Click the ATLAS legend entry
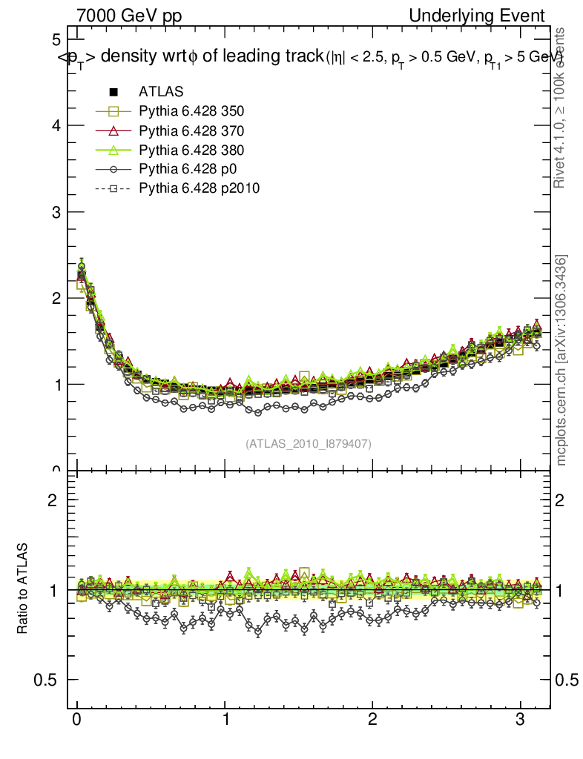click(x=161, y=93)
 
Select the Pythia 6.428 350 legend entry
click(x=191, y=112)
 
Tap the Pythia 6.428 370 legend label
click(x=191, y=131)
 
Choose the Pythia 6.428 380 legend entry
click(x=191, y=150)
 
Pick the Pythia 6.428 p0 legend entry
click(x=186, y=170)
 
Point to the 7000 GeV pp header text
click(x=130, y=16)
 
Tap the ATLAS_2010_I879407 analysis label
click(x=309, y=443)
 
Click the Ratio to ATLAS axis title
click(x=23, y=589)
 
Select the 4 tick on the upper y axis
click(x=56, y=125)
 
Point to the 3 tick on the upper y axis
click(x=56, y=212)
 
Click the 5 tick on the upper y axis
click(x=56, y=39)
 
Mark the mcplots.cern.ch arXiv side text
click(x=562, y=360)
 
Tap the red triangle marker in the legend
click(x=113, y=131)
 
